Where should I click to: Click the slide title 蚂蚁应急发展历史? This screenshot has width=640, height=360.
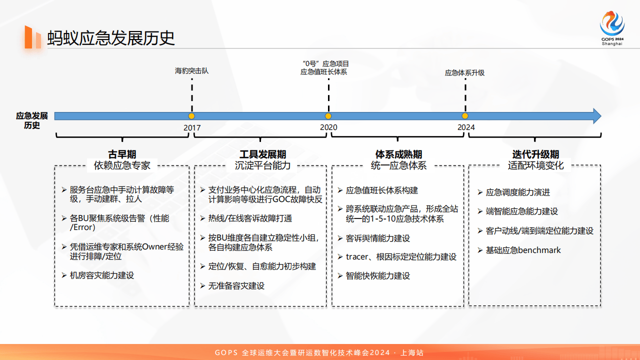pos(111,38)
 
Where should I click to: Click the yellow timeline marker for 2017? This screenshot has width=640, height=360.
pos(191,116)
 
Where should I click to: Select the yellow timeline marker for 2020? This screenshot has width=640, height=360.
pos(328,116)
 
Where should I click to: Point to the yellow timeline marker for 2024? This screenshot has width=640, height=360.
pos(465,116)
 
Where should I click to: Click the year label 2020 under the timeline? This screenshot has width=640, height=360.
pos(328,127)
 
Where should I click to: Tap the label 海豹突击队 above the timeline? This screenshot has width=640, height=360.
pos(191,71)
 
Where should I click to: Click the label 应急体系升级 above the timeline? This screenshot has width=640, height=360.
pos(465,72)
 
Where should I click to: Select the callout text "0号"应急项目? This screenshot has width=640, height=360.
pos(325,63)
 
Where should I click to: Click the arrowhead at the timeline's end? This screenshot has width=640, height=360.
pos(596,116)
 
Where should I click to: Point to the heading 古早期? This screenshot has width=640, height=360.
pos(122,154)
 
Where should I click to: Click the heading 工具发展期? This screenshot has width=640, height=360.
pos(262,154)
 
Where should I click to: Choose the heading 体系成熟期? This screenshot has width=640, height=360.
pos(398,154)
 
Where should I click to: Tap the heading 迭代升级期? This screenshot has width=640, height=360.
pos(535,154)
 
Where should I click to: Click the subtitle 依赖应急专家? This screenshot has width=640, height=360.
pos(122,165)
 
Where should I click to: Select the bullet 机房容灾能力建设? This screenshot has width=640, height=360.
pos(102,275)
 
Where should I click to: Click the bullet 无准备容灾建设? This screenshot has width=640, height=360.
pos(236,286)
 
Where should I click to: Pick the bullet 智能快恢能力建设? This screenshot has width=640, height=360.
pos(377,276)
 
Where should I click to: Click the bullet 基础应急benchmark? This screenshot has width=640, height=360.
pos(523,250)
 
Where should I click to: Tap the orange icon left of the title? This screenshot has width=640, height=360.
pos(32,37)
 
